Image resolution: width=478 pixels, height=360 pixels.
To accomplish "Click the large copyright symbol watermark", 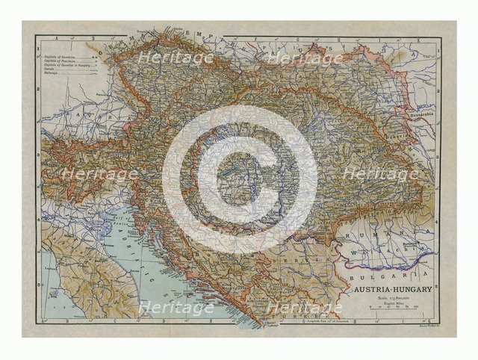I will pos(239,179).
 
